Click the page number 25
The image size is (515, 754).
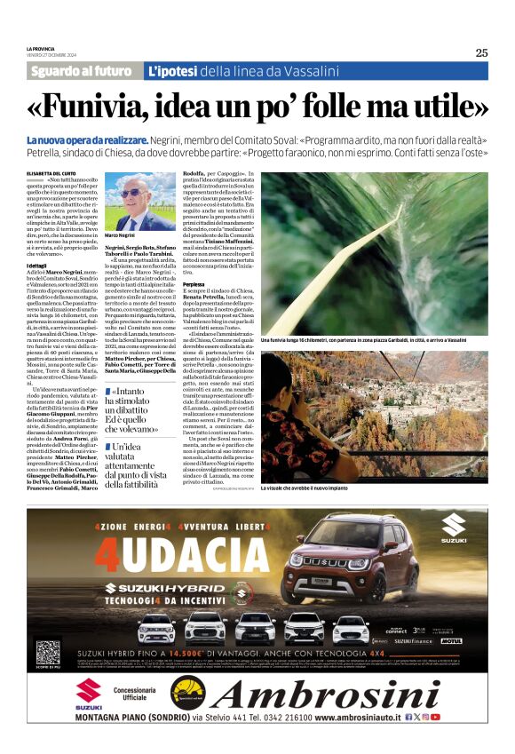click(480, 52)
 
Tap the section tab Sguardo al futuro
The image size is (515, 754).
click(81, 71)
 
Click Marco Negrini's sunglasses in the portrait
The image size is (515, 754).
click(131, 194)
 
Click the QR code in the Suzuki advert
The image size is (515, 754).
click(46, 649)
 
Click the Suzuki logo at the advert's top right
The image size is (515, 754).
click(454, 526)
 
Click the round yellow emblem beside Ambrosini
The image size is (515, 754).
click(187, 693)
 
